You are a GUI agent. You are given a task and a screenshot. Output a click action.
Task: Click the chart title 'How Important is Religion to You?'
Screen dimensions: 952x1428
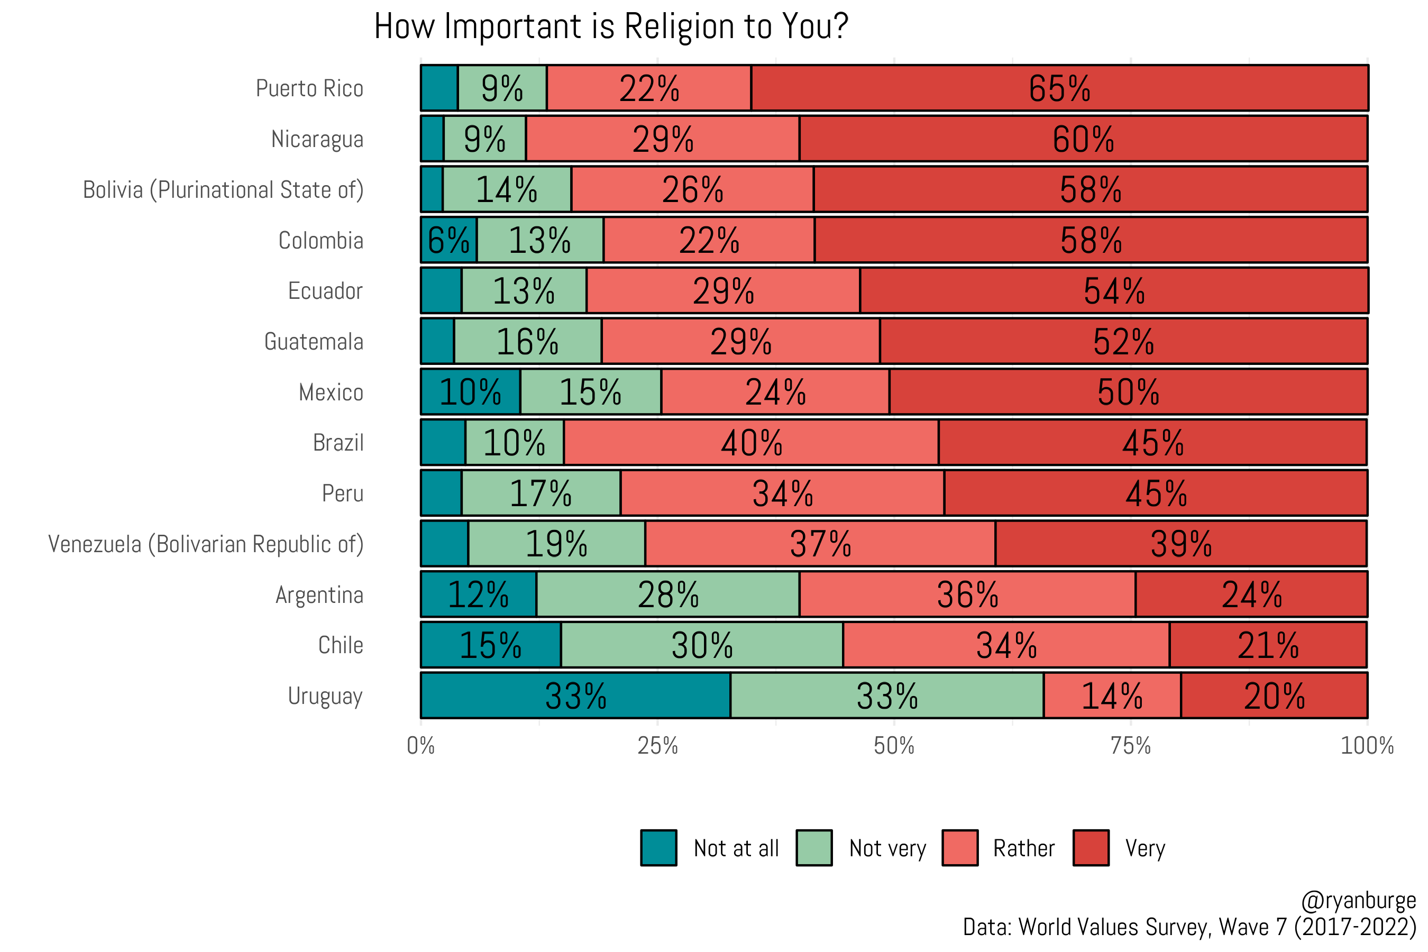[x=610, y=27]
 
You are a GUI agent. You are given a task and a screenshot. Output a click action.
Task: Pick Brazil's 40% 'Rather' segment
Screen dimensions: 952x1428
[x=751, y=443]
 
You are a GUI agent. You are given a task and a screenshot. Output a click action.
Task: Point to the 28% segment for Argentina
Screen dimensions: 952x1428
[x=668, y=594]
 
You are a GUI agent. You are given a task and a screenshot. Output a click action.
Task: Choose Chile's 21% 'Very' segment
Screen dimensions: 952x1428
[x=1268, y=645]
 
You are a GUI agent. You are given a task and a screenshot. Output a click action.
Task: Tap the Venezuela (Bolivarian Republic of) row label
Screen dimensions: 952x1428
[x=206, y=544]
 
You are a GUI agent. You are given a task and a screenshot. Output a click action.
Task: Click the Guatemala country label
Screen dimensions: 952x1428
[x=313, y=342]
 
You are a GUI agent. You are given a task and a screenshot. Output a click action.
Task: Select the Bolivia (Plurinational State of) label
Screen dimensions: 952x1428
[x=223, y=190]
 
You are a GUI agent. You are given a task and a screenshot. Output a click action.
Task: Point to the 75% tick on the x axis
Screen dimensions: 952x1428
[x=1131, y=746]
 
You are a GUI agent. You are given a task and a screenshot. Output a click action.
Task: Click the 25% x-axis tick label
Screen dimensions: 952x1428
[x=657, y=746]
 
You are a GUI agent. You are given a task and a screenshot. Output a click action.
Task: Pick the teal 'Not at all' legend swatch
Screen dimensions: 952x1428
[x=659, y=848]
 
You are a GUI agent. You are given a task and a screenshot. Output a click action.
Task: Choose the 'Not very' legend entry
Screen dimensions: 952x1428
[x=887, y=848]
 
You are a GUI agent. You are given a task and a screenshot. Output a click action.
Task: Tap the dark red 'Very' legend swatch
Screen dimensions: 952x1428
[x=1091, y=848]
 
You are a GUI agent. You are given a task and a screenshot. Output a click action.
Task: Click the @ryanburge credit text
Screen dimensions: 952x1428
[x=1358, y=900]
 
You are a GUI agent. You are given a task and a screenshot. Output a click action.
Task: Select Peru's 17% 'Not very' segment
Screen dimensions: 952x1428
[x=541, y=493]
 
